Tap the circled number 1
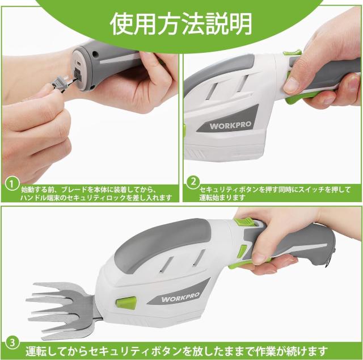click(x=10, y=183)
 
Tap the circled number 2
click(x=193, y=183)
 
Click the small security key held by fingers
click(x=60, y=84)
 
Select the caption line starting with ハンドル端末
click(x=91, y=197)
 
